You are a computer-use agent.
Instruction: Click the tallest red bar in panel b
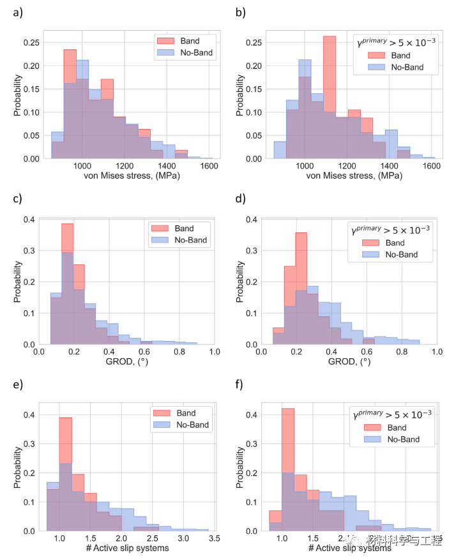tap(330, 96)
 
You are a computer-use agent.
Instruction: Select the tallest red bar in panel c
tap(67, 281)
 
